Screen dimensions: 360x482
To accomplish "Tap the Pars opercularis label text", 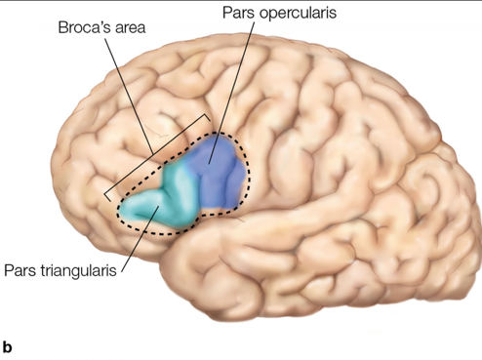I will coord(259,15).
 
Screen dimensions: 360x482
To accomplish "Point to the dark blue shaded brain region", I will coord(217,171).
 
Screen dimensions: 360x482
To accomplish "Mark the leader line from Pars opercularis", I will coord(234,88).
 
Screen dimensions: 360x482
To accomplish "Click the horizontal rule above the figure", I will coord(241,2).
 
